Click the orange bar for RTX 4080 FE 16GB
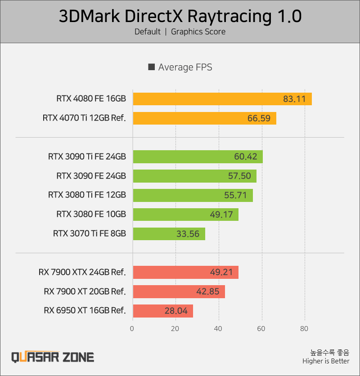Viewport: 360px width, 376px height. [x=222, y=99]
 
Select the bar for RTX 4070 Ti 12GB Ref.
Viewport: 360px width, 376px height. [x=204, y=118]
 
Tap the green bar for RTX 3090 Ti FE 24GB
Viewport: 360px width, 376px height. [x=198, y=157]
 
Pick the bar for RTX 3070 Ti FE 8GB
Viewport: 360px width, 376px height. [x=169, y=234]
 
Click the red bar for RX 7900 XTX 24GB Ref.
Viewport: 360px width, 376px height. [x=185, y=273]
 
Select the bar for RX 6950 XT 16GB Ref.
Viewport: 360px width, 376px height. [x=162, y=311]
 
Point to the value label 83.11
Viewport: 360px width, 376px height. [x=294, y=99]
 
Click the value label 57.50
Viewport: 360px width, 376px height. [x=239, y=176]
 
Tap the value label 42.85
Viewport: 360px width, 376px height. [x=208, y=291]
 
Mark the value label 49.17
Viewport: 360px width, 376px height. [x=221, y=215]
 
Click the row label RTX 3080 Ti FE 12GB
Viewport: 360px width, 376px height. [x=87, y=195]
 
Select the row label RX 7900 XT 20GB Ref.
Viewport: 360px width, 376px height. [x=85, y=291]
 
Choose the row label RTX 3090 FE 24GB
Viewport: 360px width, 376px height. [x=91, y=176]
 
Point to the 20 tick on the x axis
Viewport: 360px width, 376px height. [x=175, y=329]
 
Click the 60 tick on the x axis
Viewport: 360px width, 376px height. [x=261, y=329]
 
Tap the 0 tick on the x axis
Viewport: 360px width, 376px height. [x=132, y=329]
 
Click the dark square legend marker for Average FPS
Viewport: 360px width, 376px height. [x=152, y=67]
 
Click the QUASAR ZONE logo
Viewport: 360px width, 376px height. [x=53, y=357]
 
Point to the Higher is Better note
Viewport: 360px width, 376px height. [x=325, y=361]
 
